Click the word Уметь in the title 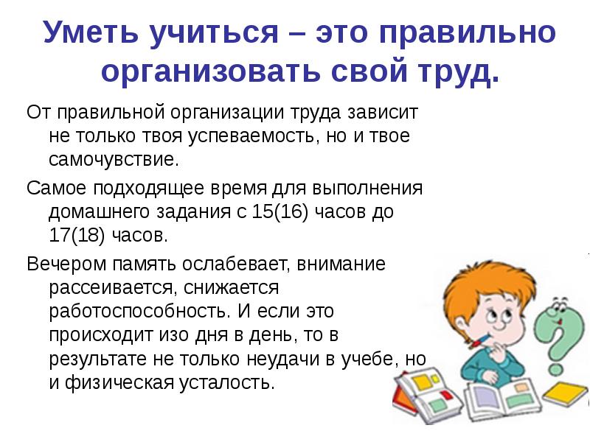coord(91,32)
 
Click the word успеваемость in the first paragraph coord(250,136)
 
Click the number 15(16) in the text coord(280,211)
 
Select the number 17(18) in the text coord(77,235)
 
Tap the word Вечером coord(66,264)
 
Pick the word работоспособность coord(139,312)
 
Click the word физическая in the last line coord(119,382)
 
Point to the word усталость coord(226,382)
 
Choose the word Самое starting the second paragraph coord(57,188)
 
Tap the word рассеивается coord(112,288)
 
